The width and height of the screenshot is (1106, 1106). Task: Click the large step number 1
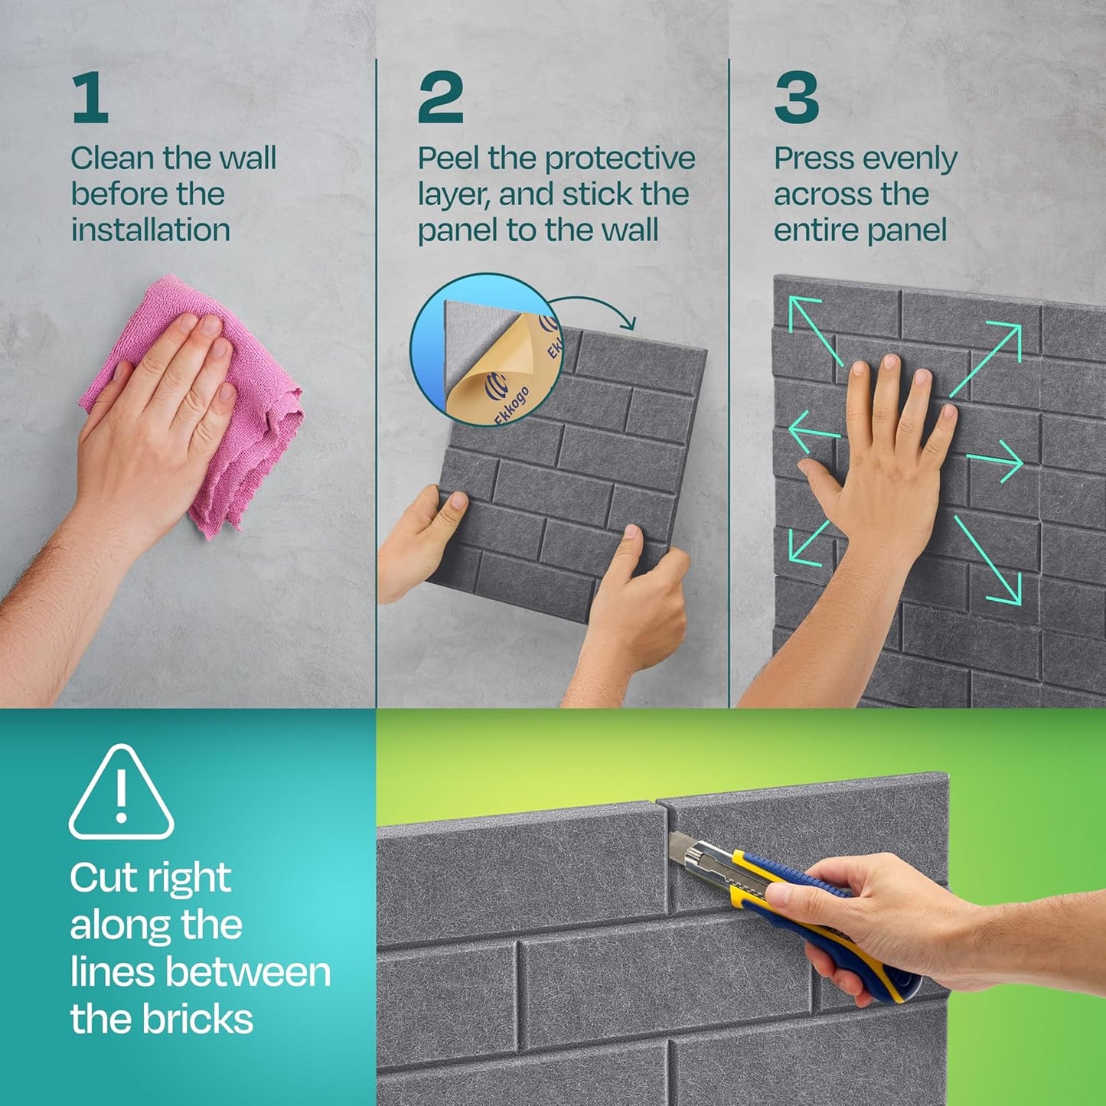coord(90,97)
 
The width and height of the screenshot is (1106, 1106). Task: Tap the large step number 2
coord(440,97)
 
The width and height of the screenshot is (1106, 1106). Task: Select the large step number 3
coord(796,97)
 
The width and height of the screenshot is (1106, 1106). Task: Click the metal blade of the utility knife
coord(680,846)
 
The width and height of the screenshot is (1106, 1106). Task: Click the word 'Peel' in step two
coord(449,158)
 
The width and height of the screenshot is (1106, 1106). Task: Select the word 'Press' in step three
coord(814,158)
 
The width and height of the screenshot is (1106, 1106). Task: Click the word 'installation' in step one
coord(151,230)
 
